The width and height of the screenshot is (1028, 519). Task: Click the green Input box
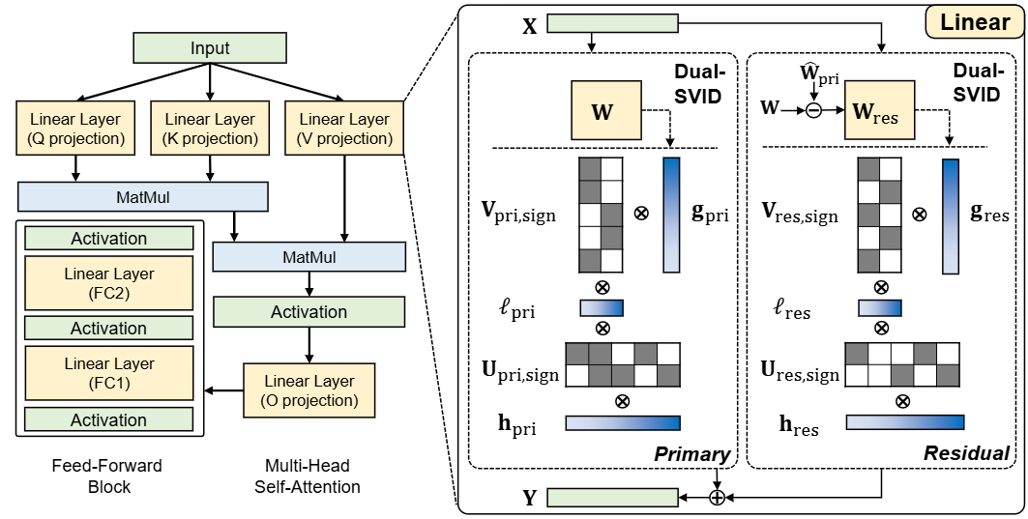pyautogui.click(x=210, y=47)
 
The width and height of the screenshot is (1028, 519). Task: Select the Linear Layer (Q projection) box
pyautogui.click(x=75, y=129)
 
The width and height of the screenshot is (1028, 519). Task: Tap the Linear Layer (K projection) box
pyautogui.click(x=210, y=129)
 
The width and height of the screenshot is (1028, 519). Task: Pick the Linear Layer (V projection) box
pyautogui.click(x=344, y=129)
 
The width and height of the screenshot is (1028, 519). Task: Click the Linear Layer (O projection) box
pyautogui.click(x=309, y=390)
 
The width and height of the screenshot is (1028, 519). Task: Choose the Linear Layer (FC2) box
pyautogui.click(x=109, y=283)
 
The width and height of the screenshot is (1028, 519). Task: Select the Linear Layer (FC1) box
pyautogui.click(x=109, y=373)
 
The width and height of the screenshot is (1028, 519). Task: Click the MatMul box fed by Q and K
pyautogui.click(x=143, y=196)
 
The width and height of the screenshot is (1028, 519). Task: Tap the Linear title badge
pyautogui.click(x=974, y=23)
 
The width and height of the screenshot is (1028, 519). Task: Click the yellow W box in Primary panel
pyautogui.click(x=605, y=110)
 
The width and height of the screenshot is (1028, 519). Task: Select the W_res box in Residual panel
pyautogui.click(x=879, y=110)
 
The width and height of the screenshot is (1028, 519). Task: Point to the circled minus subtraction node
pyautogui.click(x=813, y=110)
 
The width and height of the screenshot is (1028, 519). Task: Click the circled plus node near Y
pyautogui.click(x=718, y=498)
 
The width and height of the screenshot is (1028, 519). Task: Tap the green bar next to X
pyautogui.click(x=613, y=24)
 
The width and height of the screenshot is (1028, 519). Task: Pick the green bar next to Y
pyautogui.click(x=613, y=498)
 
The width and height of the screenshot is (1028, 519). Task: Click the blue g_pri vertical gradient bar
pyautogui.click(x=671, y=215)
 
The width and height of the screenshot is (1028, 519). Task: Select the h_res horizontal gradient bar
pyautogui.click(x=905, y=422)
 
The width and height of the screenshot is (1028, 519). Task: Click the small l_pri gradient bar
pyautogui.click(x=602, y=308)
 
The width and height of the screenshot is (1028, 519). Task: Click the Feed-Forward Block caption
pyautogui.click(x=108, y=476)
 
